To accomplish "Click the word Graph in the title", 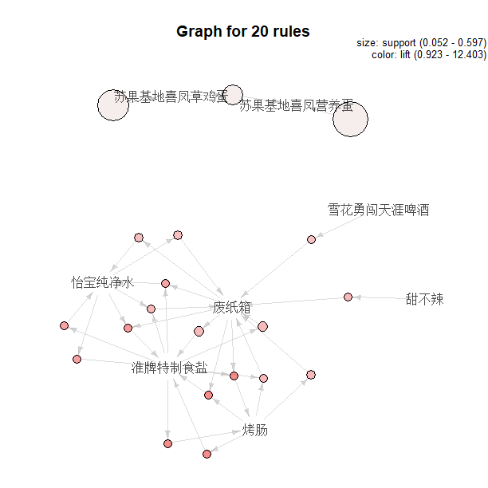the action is tap(196, 32).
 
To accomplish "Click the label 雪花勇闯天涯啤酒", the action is tap(378, 211).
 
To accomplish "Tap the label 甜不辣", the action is tap(423, 299).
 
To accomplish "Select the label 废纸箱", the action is tap(232, 307).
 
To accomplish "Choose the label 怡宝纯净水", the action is tap(102, 282).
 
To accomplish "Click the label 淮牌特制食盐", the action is tap(170, 368).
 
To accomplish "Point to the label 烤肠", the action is tap(255, 431).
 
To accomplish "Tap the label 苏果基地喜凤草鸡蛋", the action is tap(171, 96).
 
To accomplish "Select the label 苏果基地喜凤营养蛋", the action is tap(296, 104).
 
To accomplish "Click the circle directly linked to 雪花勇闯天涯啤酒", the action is tap(311, 239).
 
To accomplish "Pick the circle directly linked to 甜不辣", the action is tap(348, 297).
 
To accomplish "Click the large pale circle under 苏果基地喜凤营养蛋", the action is tap(350, 120).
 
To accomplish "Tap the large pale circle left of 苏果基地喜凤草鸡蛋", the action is tap(112, 105).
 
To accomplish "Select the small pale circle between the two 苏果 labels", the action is tap(233, 94).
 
